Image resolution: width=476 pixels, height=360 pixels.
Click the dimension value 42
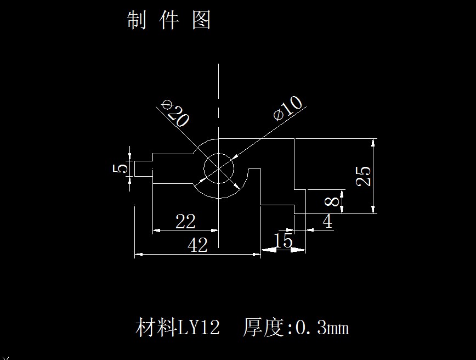tap(197, 245)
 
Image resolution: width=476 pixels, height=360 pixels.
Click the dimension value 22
tap(185, 222)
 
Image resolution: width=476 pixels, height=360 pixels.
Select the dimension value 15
tap(283, 241)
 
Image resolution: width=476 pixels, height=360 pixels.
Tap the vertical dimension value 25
tap(364, 176)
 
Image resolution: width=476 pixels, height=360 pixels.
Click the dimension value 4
tap(327, 222)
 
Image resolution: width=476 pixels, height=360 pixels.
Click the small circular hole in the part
tap(219, 168)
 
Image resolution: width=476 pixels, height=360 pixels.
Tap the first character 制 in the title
tap(136, 20)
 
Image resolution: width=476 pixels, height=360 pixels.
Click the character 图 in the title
tap(202, 20)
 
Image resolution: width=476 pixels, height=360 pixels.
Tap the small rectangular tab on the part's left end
tap(143, 168)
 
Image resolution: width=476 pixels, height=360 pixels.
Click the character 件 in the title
tap(169, 20)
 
